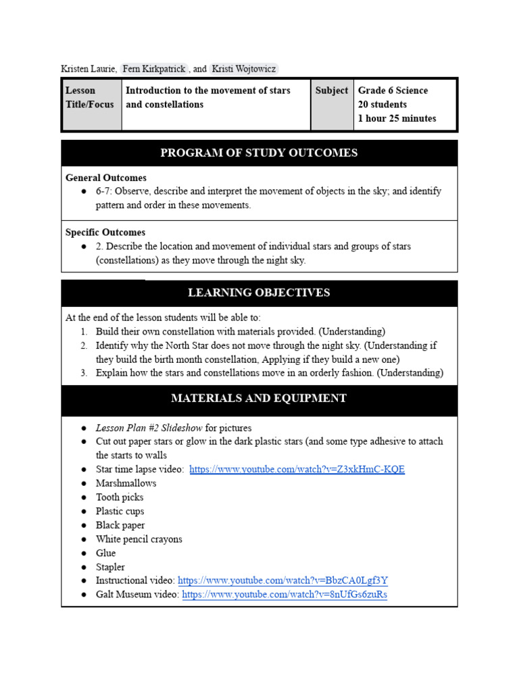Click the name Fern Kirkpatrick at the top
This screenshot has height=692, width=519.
(153, 69)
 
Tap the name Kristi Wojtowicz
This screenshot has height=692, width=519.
(243, 69)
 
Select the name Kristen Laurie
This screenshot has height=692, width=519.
(89, 69)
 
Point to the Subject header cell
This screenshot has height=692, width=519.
(331, 91)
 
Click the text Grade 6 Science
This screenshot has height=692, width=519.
(393, 91)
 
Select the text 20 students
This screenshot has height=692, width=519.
(382, 105)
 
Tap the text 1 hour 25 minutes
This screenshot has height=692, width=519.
(397, 118)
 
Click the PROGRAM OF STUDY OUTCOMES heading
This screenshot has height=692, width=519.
(259, 153)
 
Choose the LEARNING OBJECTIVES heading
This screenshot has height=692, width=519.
(259, 293)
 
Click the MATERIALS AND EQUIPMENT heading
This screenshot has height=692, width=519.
(259, 398)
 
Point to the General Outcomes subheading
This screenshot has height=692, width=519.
(106, 178)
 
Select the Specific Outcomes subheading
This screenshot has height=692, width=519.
(105, 232)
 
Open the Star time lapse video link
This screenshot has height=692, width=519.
(297, 469)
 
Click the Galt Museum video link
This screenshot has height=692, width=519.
(285, 595)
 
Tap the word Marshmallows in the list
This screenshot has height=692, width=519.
(126, 483)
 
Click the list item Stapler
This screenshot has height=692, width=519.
(110, 567)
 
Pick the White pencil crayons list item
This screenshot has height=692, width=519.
(139, 539)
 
